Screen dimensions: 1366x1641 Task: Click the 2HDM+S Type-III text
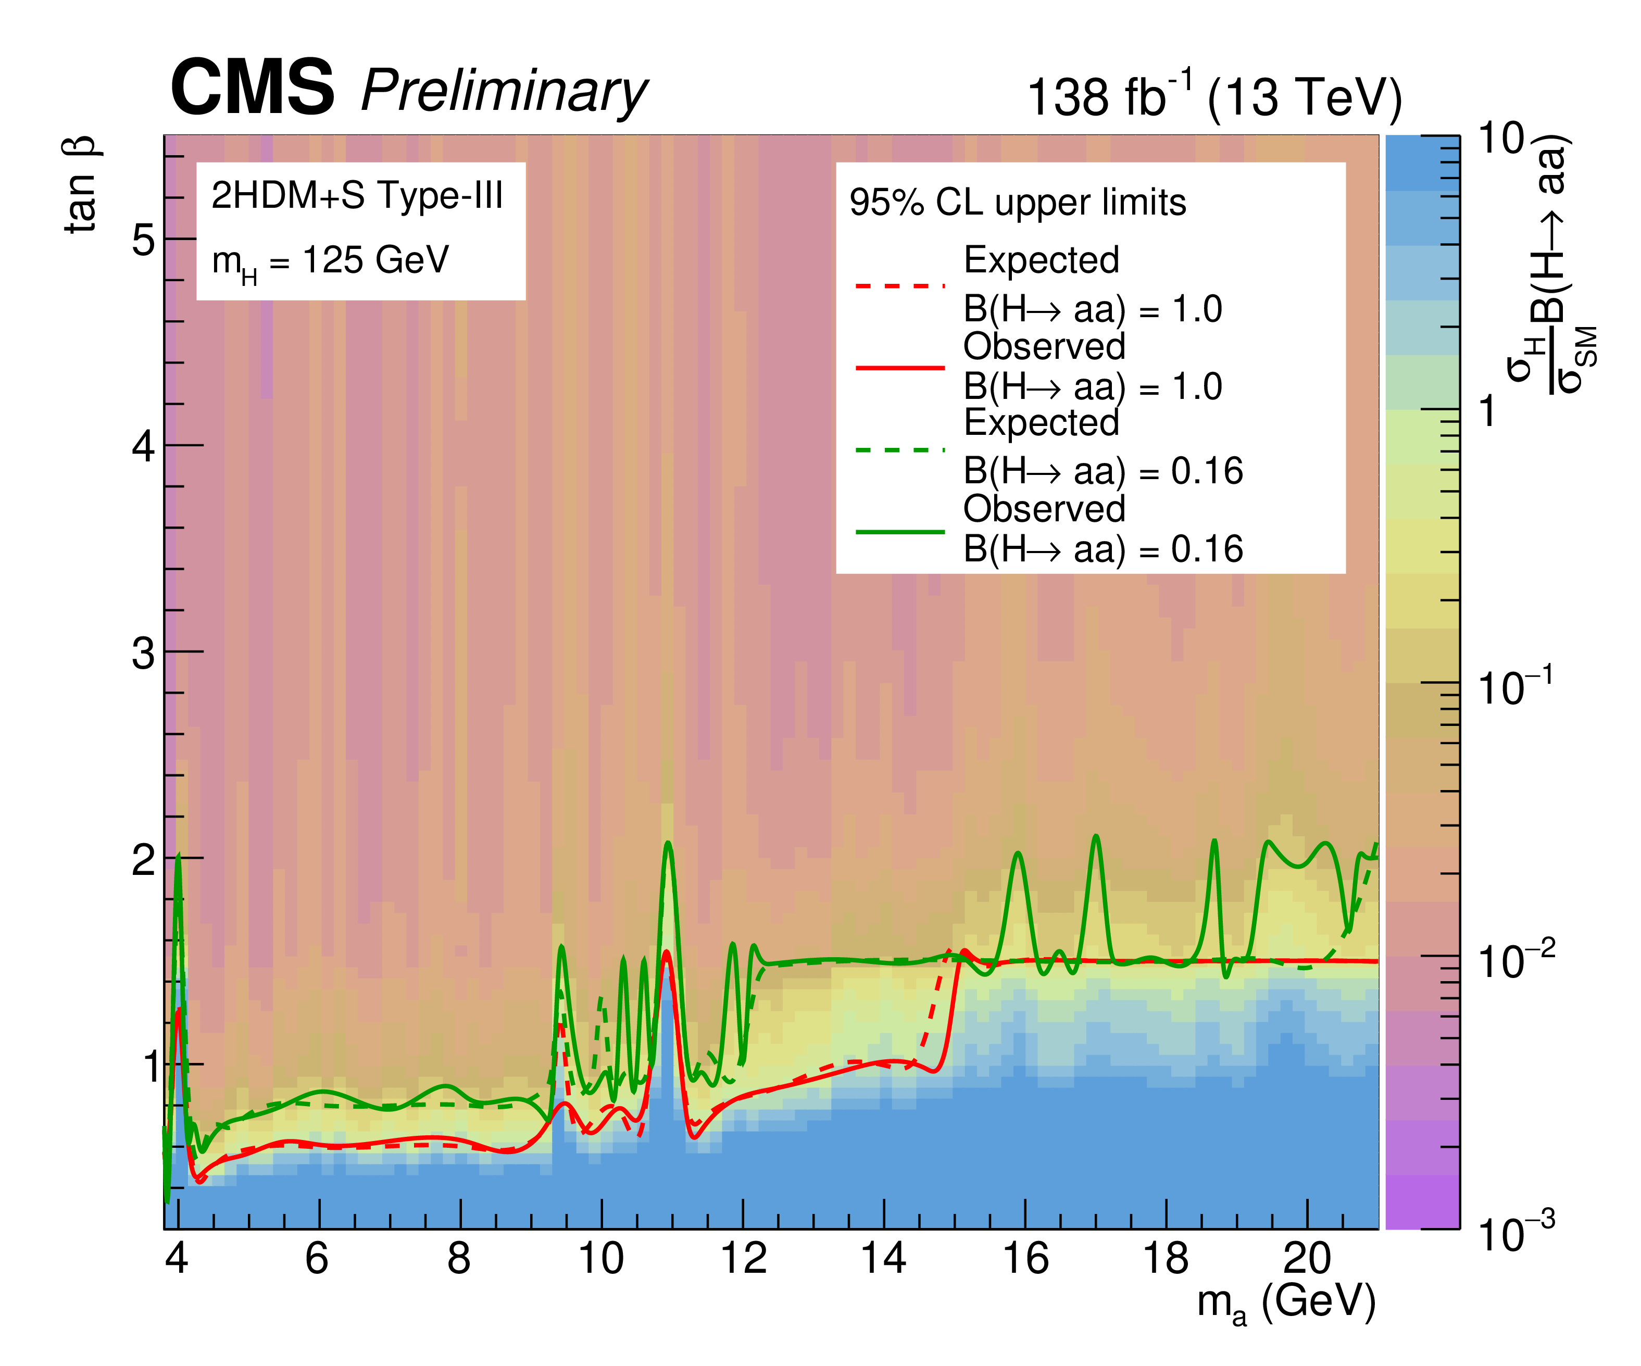(357, 195)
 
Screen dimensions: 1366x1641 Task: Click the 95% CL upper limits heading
(1018, 203)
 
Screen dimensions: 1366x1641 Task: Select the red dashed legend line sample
(900, 286)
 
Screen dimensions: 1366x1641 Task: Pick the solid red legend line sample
(900, 367)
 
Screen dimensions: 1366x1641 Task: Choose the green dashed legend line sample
(900, 450)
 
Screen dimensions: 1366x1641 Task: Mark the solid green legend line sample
(900, 531)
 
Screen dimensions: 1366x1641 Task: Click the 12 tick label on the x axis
(742, 1258)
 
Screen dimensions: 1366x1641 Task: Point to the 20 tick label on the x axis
(1307, 1258)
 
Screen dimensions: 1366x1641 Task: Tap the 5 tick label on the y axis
(143, 239)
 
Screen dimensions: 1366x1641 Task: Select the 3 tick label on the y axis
(143, 653)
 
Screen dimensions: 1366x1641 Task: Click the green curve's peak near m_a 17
(1096, 837)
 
